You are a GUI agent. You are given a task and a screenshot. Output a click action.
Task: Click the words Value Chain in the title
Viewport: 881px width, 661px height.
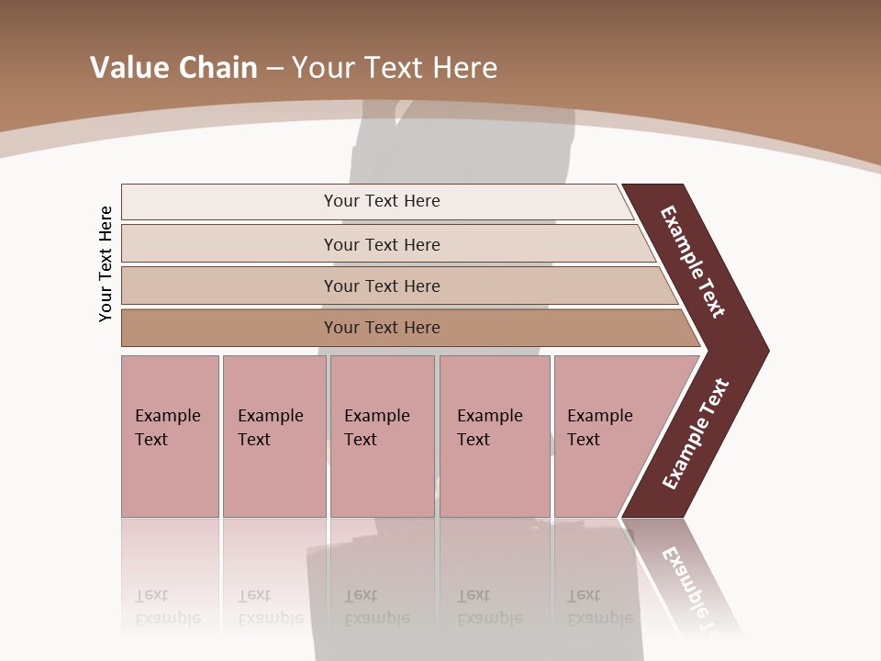coord(173,67)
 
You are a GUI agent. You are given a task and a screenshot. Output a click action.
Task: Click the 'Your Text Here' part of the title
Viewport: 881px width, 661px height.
coord(395,67)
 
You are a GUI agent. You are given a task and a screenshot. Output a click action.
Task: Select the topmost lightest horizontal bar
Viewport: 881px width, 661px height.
coord(229,201)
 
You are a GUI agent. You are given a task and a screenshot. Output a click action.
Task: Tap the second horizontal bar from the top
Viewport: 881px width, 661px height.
coord(229,244)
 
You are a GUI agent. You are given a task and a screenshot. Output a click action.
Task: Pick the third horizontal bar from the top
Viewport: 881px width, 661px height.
coord(229,286)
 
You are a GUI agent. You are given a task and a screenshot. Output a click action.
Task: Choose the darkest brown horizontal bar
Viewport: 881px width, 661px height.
coord(229,328)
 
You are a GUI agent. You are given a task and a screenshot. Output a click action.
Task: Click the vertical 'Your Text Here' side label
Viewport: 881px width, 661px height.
coord(106,263)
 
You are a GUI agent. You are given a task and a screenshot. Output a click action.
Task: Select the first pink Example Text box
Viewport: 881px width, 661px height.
coord(170,477)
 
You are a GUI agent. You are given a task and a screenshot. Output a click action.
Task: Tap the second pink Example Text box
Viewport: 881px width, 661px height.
coord(274,477)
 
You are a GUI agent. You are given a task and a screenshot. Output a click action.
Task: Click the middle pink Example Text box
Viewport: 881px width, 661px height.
coord(382,477)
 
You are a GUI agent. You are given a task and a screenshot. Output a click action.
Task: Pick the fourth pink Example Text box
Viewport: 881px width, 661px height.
coord(495,477)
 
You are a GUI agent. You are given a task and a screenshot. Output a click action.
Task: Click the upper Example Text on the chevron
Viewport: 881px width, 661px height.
coord(693,262)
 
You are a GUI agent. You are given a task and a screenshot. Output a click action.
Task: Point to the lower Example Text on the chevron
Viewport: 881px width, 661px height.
coord(696,434)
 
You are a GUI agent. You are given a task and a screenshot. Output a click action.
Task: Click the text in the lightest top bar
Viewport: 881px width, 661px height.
coord(382,201)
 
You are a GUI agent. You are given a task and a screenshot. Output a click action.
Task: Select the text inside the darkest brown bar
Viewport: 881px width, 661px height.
coord(382,328)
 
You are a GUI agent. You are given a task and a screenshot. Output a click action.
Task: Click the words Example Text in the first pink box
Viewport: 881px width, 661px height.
coord(167,427)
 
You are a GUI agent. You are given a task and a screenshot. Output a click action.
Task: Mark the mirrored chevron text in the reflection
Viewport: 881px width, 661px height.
coord(693,588)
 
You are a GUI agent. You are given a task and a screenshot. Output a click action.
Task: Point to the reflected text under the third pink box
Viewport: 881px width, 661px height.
coord(376,607)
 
